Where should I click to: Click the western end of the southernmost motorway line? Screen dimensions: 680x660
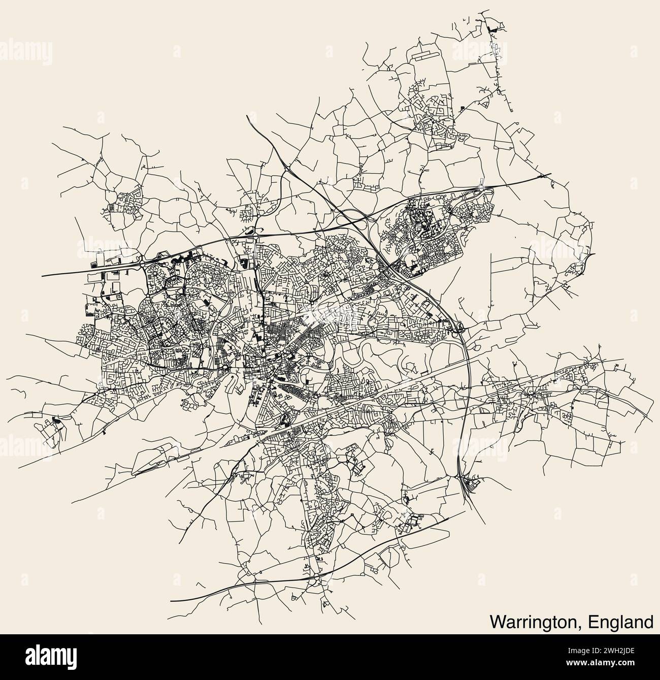171,600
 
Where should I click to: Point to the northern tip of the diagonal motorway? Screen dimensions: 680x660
247,116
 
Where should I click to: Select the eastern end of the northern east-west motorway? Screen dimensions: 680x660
551,176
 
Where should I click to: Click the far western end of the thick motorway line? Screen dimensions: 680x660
42,276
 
